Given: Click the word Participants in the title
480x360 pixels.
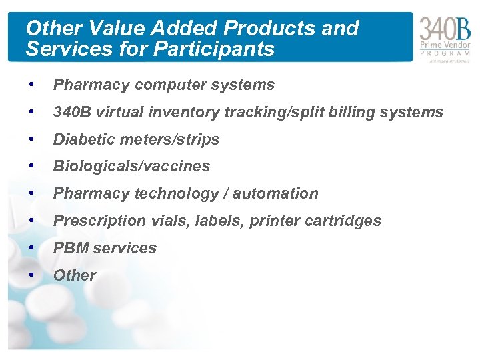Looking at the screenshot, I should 215,49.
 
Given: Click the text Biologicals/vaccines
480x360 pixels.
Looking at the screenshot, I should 131,166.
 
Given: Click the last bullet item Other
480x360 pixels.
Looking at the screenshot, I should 75,275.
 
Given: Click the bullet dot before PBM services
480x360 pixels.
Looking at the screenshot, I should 31,248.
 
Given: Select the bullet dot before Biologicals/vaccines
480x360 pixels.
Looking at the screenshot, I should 31,166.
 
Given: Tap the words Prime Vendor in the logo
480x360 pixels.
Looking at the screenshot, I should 445,45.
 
